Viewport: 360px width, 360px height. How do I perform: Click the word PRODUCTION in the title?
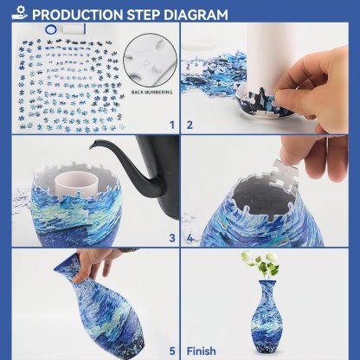click(79, 15)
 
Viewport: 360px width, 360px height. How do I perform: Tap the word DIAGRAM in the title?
click(196, 15)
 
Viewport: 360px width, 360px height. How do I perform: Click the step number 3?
click(171, 237)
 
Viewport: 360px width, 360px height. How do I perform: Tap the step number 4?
click(189, 237)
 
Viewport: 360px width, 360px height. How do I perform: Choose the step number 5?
click(171, 350)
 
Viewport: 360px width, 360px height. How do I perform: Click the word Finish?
click(202, 350)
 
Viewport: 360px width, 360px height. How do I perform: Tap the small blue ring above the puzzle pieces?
click(54, 29)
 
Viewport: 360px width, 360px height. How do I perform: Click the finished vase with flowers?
click(267, 307)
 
